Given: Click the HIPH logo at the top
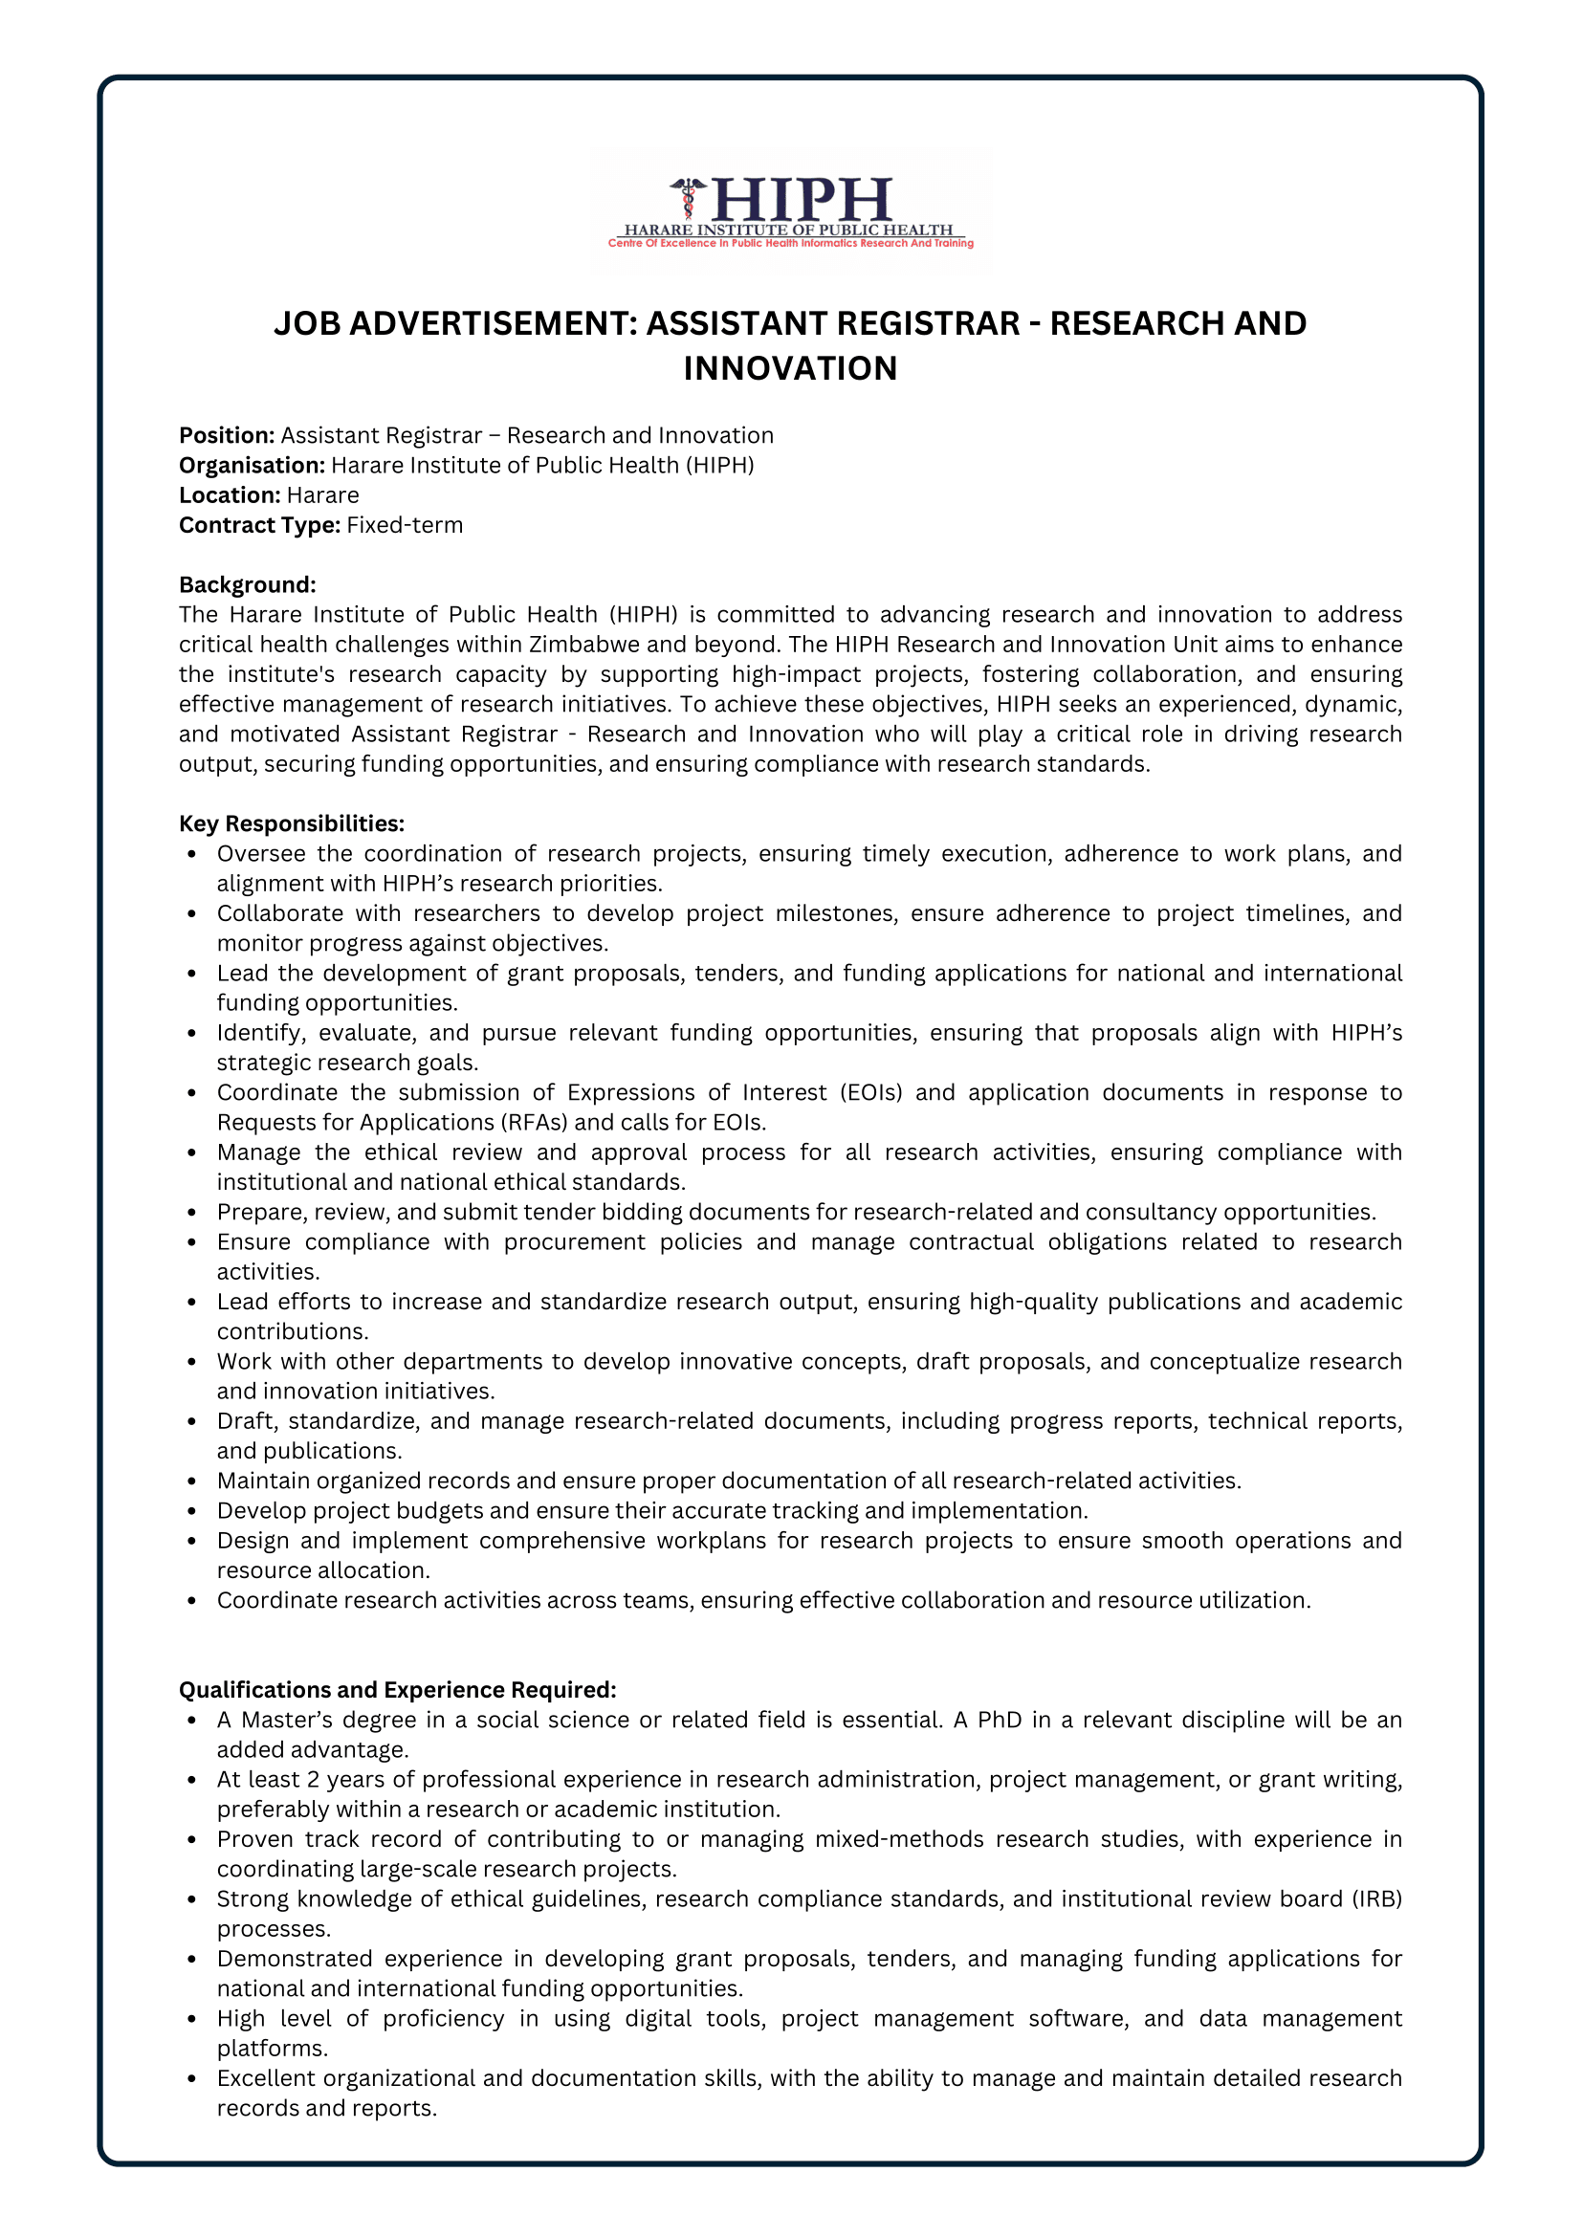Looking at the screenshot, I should pos(790,211).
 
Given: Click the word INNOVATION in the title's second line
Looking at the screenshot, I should pos(790,368).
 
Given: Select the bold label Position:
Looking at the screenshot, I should pos(227,436).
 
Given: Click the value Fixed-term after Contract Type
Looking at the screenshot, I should pos(405,525).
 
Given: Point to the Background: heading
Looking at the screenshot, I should pos(248,584).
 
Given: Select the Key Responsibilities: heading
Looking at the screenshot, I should pos(292,823).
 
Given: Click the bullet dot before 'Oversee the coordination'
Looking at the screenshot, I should pos(193,855).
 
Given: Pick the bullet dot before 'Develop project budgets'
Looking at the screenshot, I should pos(193,1512).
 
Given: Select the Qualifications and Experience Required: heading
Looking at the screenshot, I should pos(398,1690).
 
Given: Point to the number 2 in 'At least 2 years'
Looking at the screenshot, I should pos(313,1780).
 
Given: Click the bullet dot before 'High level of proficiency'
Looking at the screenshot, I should pos(193,2020).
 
